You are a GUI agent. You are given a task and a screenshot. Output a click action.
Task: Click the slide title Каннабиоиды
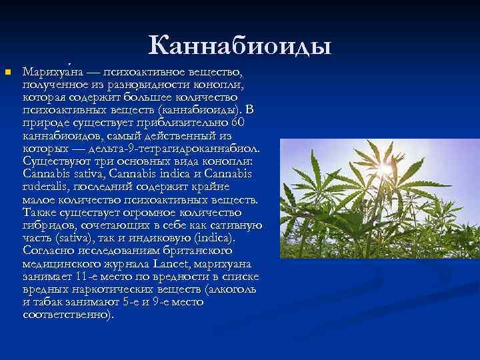point(239,45)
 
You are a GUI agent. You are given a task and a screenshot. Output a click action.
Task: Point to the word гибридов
point(49,225)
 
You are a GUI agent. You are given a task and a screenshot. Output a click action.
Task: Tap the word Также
point(39,211)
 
